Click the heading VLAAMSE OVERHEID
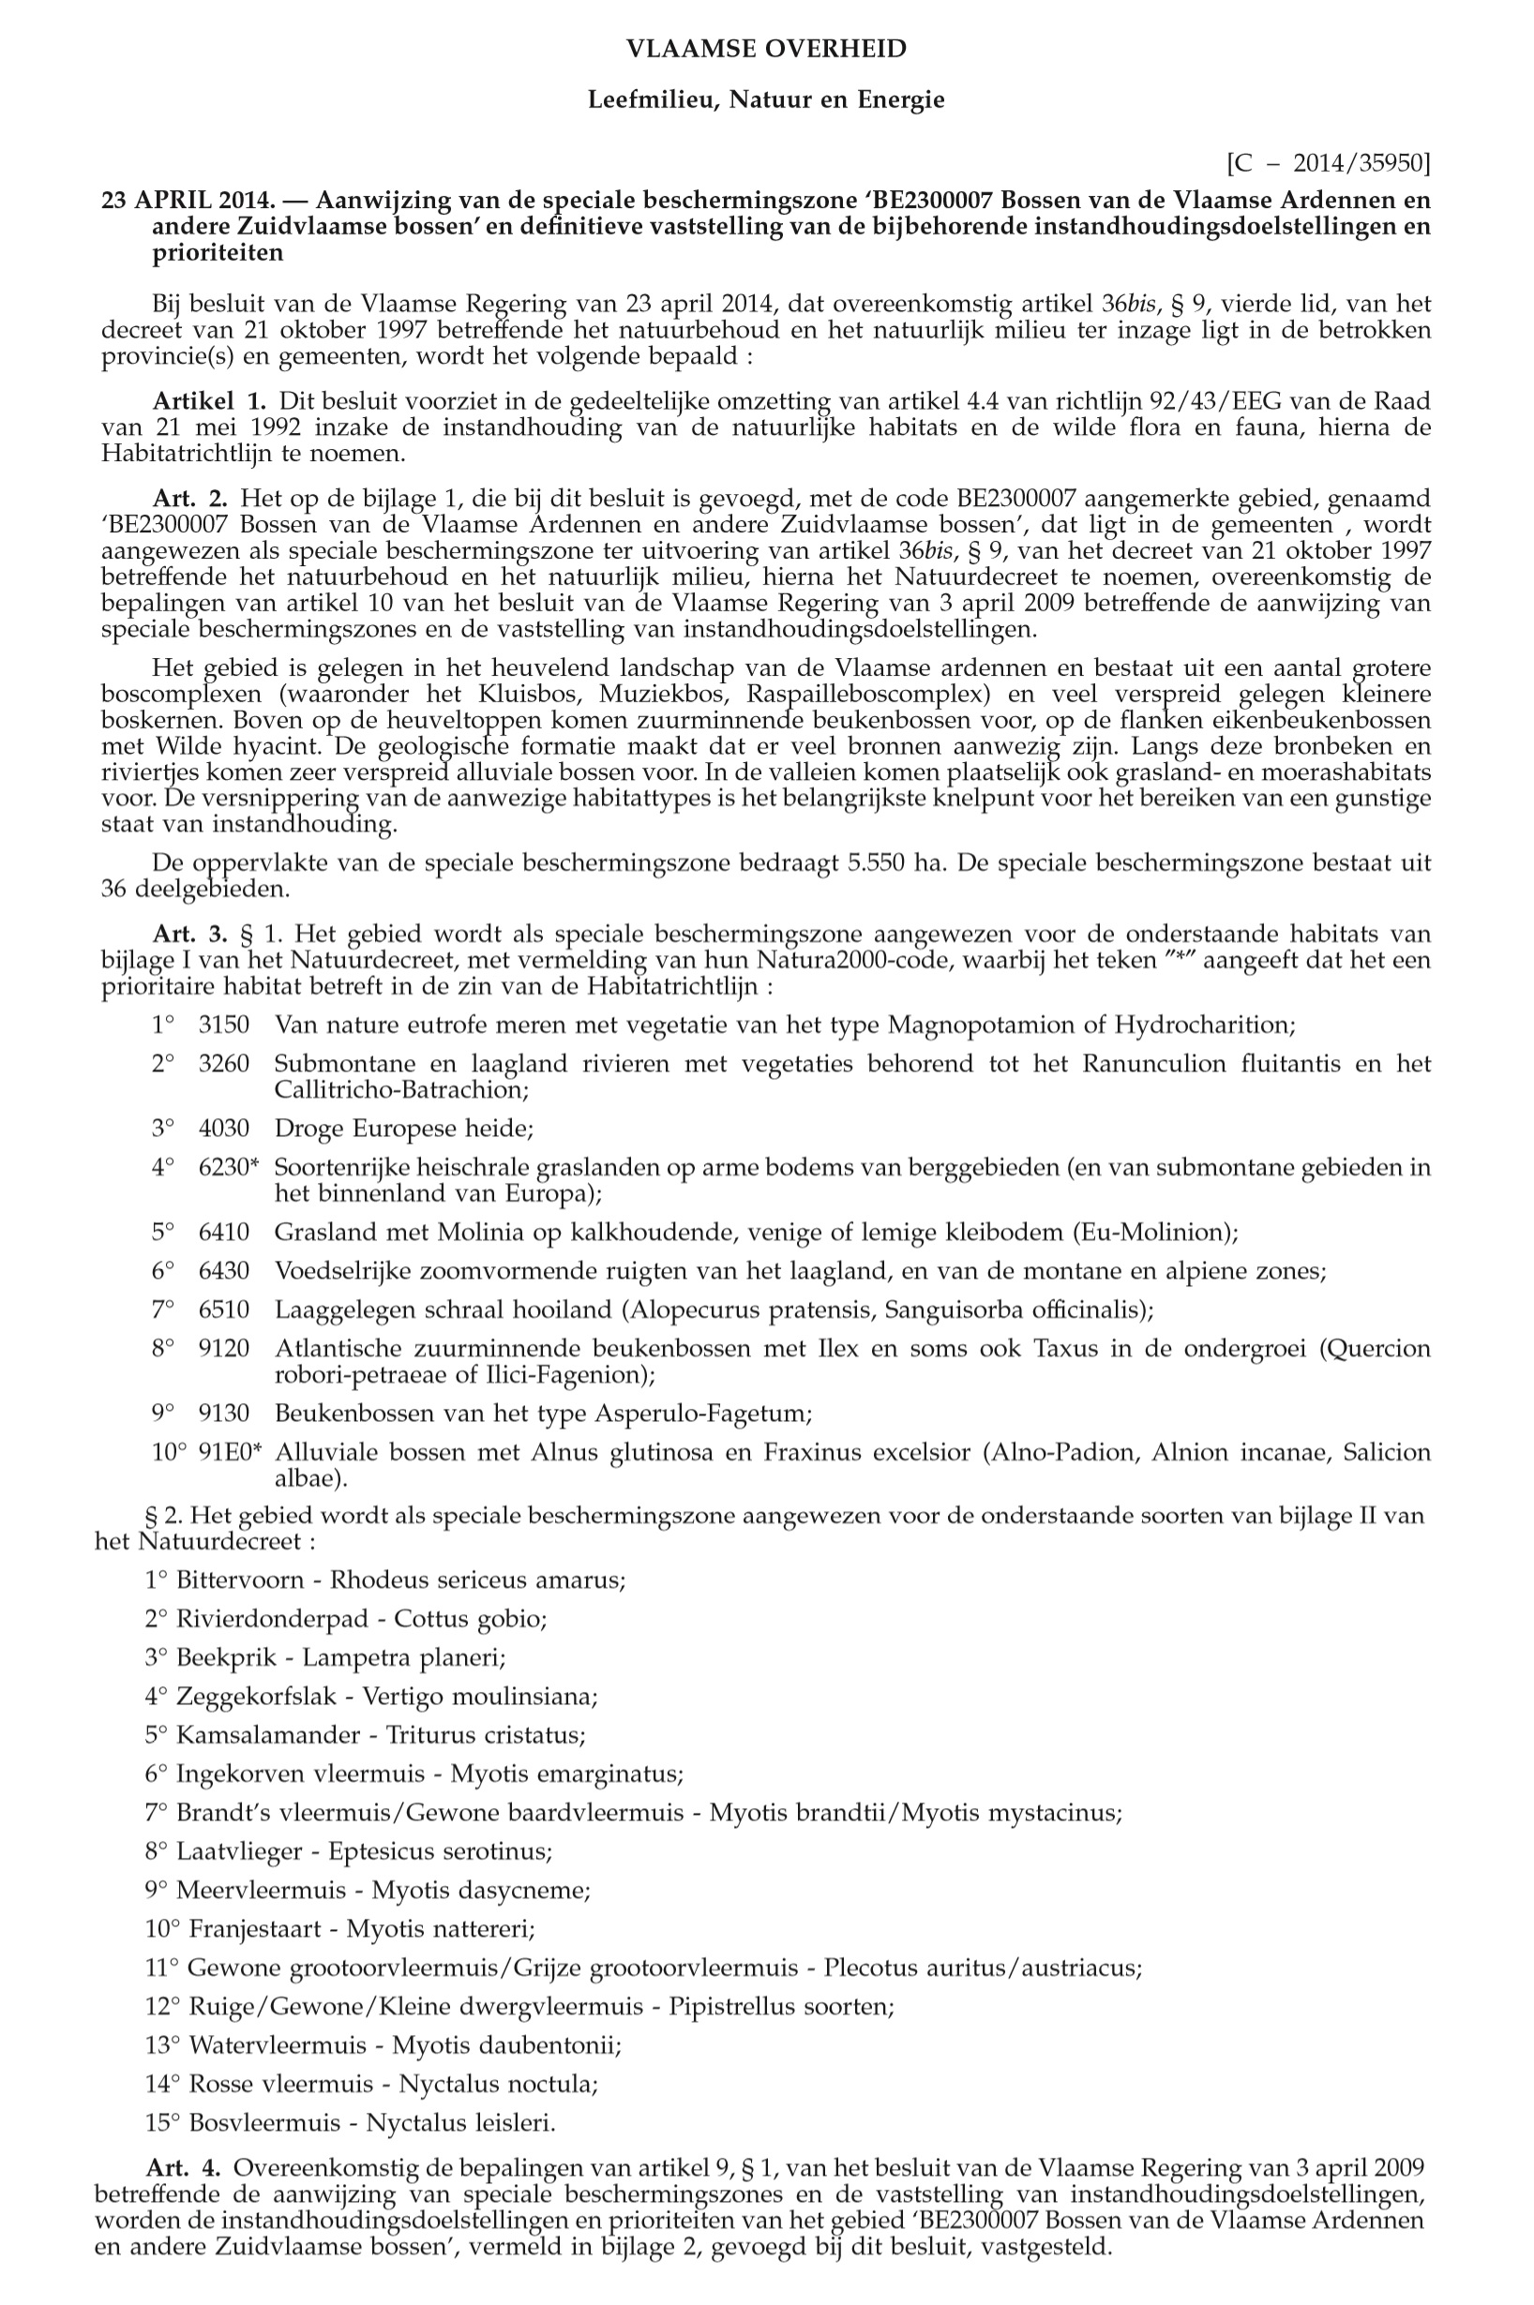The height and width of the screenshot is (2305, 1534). tap(766, 49)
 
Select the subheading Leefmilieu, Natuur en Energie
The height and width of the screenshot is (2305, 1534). tap(766, 99)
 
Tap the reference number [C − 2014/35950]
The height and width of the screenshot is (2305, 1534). tap(1328, 162)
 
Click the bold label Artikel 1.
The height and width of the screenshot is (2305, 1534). tap(208, 401)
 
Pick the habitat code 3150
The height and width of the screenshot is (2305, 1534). tap(224, 1025)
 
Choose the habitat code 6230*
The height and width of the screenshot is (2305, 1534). tap(229, 1167)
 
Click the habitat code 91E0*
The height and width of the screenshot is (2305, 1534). tap(230, 1452)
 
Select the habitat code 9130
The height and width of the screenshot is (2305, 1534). tap(224, 1414)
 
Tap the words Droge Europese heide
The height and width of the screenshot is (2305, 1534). tap(403, 1129)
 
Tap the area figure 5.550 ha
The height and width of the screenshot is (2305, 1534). tap(884, 863)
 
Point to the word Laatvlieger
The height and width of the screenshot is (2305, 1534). tap(240, 1851)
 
